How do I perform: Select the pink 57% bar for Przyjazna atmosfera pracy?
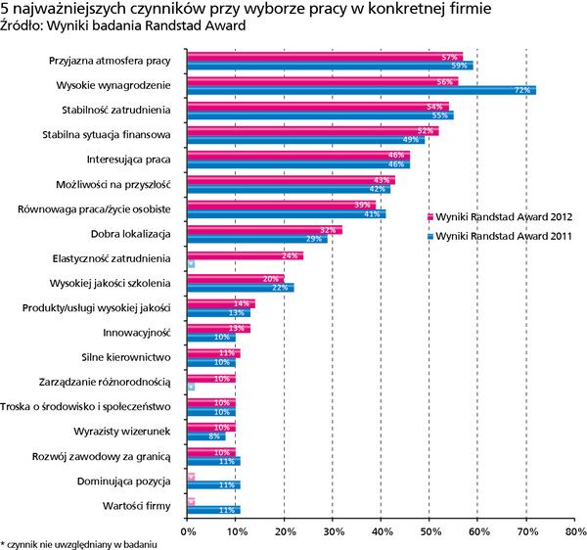324,57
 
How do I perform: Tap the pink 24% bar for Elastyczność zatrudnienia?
245,255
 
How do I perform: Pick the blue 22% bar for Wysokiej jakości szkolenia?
240,289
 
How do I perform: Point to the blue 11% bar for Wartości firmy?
213,510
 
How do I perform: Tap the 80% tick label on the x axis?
574,533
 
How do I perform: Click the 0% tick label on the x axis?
188,533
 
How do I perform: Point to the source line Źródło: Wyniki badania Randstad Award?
116,25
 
